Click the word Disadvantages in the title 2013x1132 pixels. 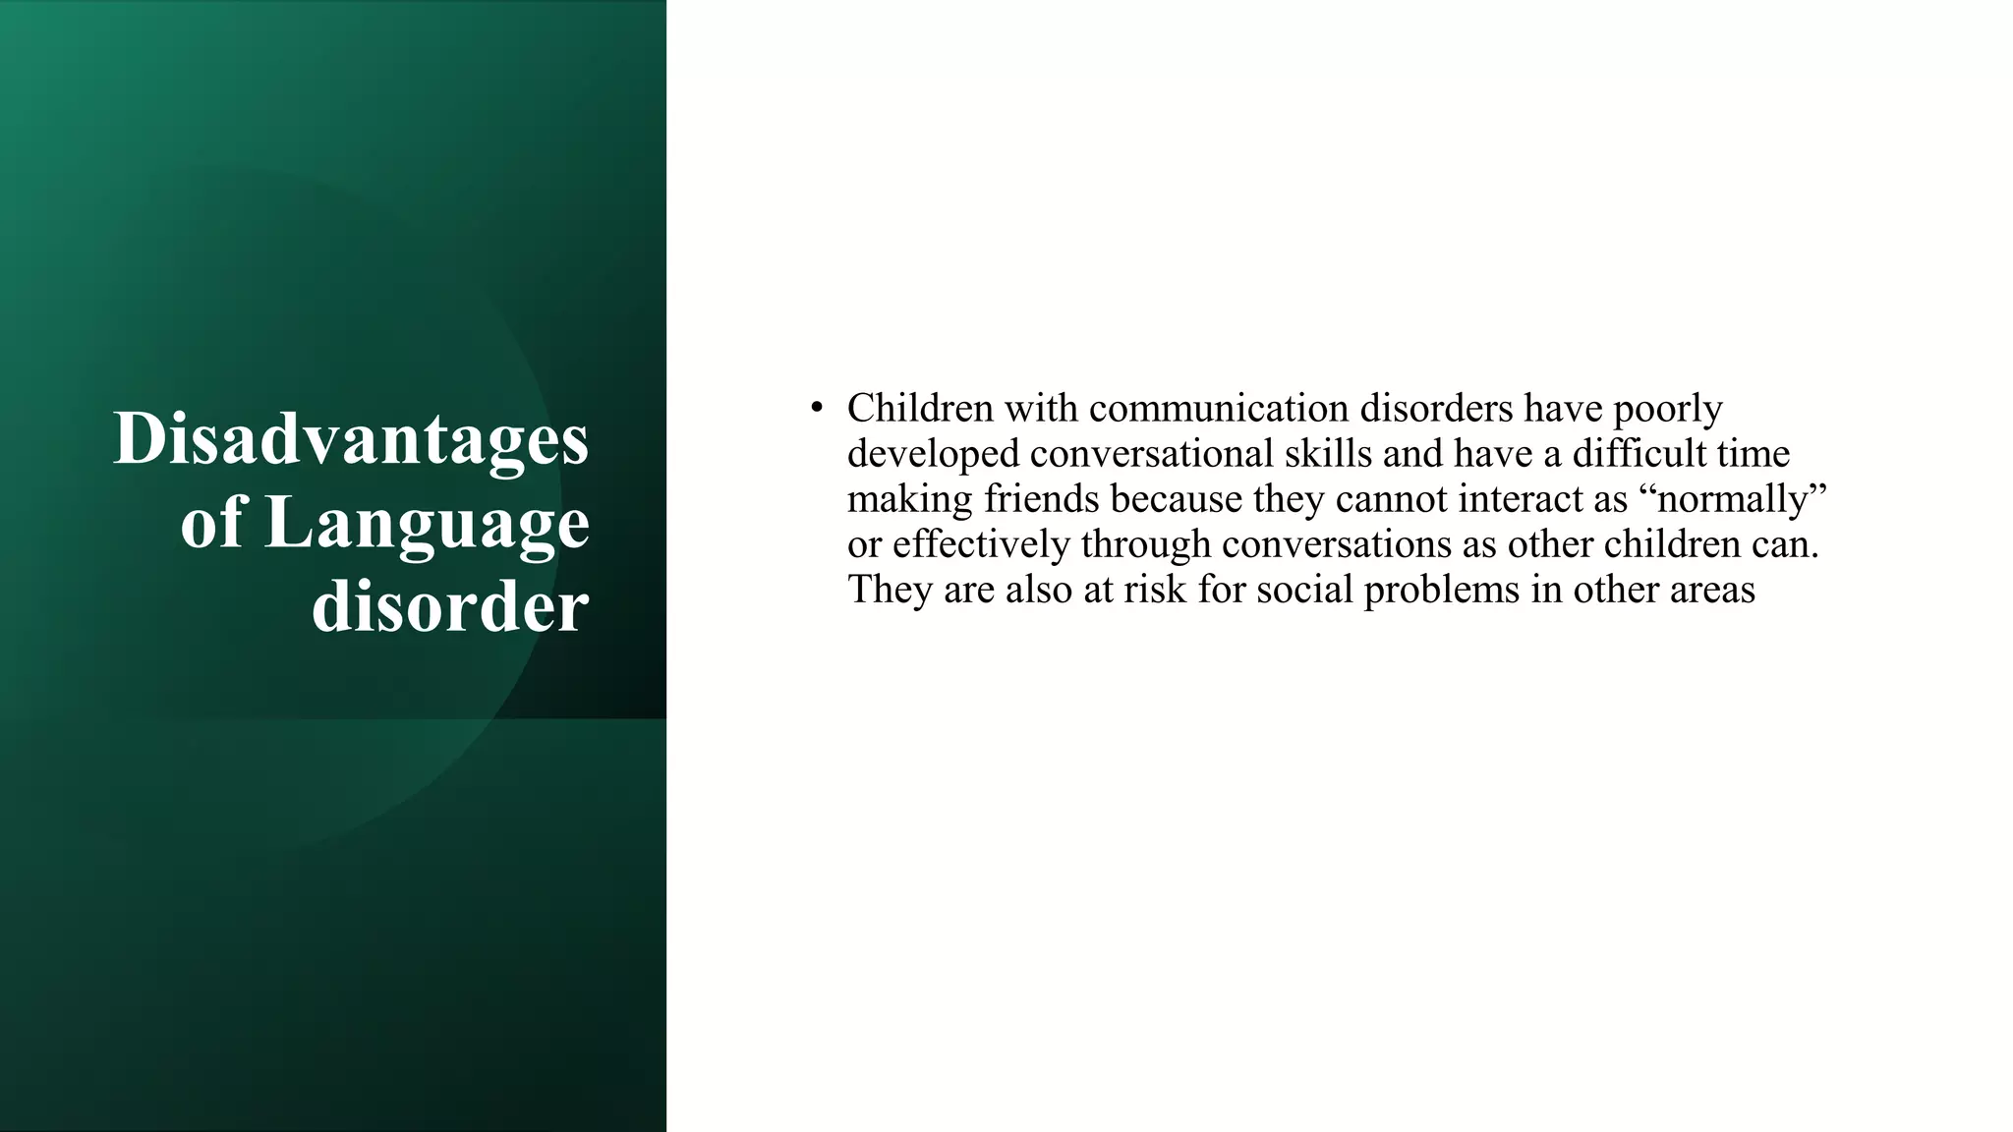tap(351, 438)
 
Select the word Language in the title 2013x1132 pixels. tap(428, 524)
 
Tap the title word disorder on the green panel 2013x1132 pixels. tap(450, 606)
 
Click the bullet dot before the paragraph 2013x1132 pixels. tap(816, 408)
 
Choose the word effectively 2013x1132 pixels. tap(981, 544)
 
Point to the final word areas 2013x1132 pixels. tap(1710, 590)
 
